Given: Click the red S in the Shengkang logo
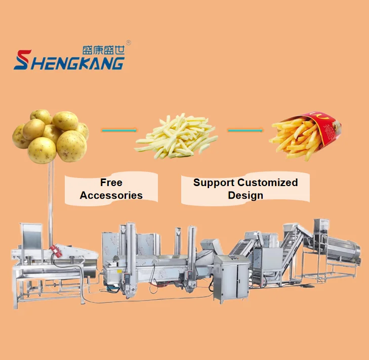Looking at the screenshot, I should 22,60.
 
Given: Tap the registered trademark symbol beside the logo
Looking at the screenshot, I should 129,43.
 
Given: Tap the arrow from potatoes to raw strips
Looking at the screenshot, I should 119,130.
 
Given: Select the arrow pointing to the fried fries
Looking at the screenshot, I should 245,130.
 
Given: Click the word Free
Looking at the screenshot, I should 111,183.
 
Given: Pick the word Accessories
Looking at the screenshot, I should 111,195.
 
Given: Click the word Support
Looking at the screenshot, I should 213,183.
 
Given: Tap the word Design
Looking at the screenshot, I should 245,195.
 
